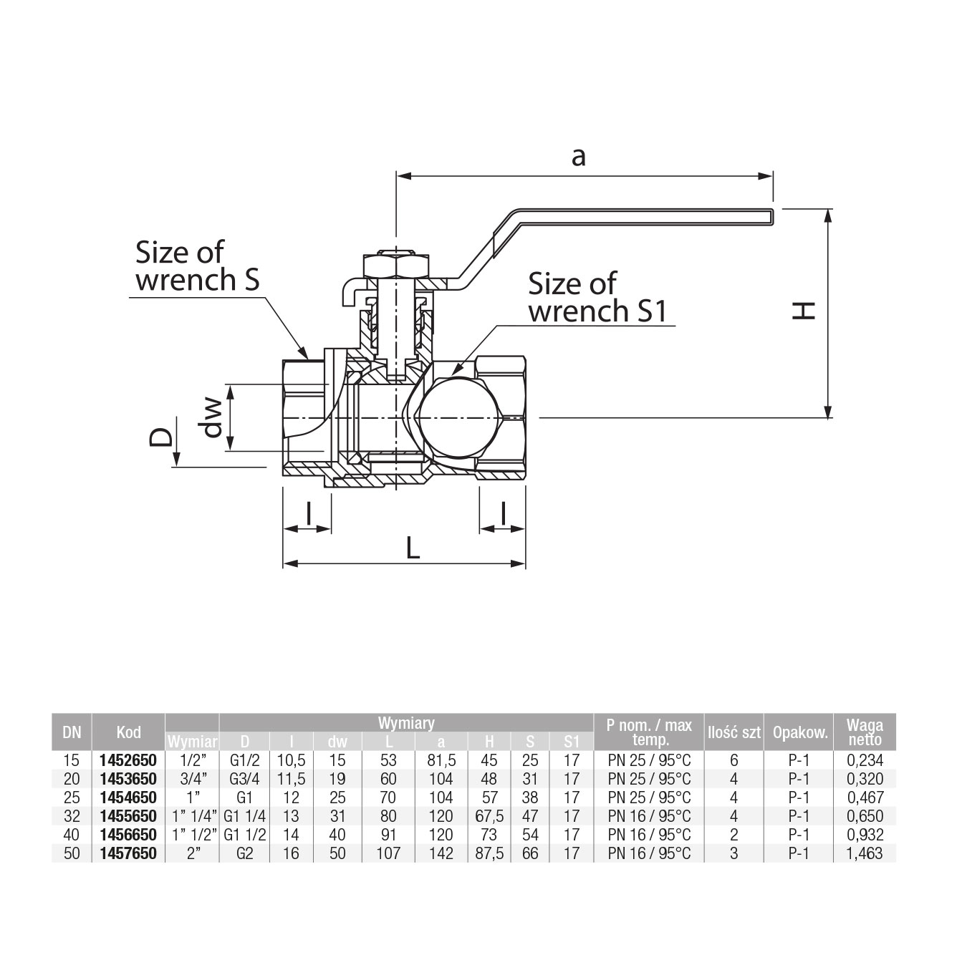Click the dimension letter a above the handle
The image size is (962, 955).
578,155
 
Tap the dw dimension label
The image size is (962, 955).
213,417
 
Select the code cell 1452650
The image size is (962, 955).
129,760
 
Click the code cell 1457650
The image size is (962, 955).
129,853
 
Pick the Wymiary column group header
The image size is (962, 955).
406,723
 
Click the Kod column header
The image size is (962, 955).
129,732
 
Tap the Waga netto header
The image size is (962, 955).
865,732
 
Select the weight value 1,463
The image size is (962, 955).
865,853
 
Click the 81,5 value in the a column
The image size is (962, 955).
441,760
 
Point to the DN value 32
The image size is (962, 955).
72,816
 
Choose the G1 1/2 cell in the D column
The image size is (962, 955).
245,835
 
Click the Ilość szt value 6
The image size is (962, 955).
733,760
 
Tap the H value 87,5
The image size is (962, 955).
489,853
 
